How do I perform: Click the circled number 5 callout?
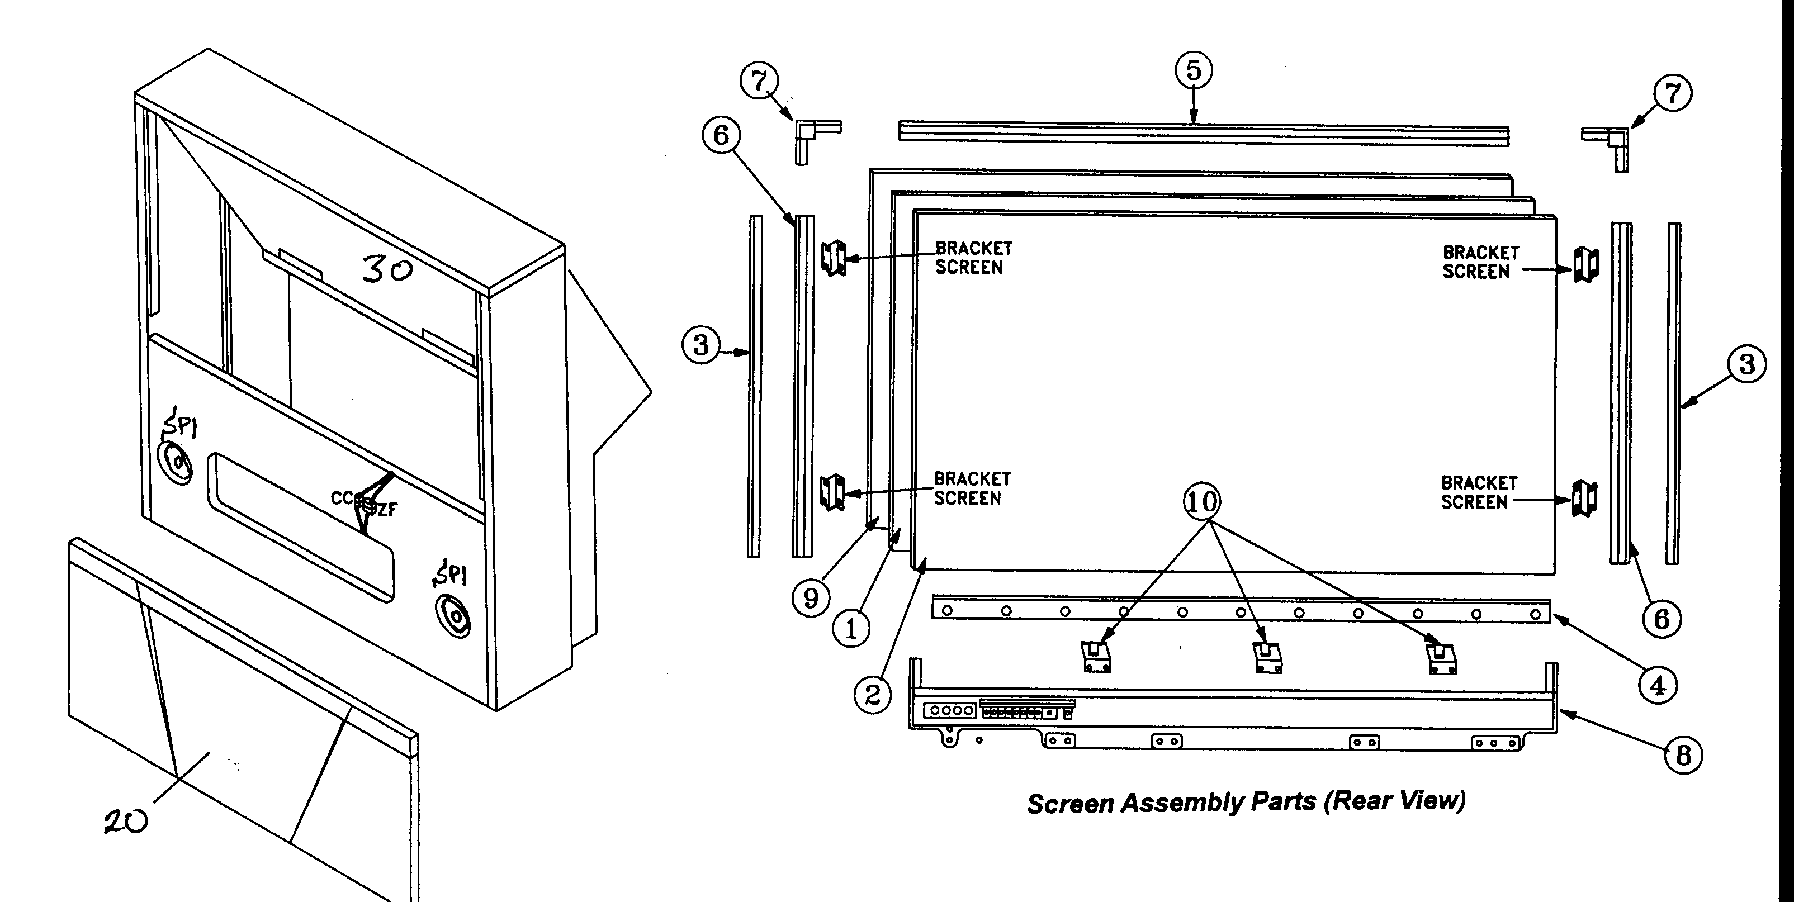(1193, 71)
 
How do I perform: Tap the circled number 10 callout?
(1202, 501)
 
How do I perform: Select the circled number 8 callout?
(1683, 755)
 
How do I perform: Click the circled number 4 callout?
(1658, 686)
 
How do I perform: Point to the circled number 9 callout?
(811, 599)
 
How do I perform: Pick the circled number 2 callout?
(872, 694)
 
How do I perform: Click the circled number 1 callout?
(850, 630)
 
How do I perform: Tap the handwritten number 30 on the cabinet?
(386, 269)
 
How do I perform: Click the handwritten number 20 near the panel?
(126, 822)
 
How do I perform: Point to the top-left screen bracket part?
(834, 258)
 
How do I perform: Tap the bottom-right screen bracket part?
(1585, 499)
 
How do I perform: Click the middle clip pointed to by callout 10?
(1267, 657)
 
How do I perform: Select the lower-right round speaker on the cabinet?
(453, 616)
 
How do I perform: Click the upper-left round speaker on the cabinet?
(176, 462)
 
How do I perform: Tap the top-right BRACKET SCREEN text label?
(1479, 263)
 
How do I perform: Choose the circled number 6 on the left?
(721, 135)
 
